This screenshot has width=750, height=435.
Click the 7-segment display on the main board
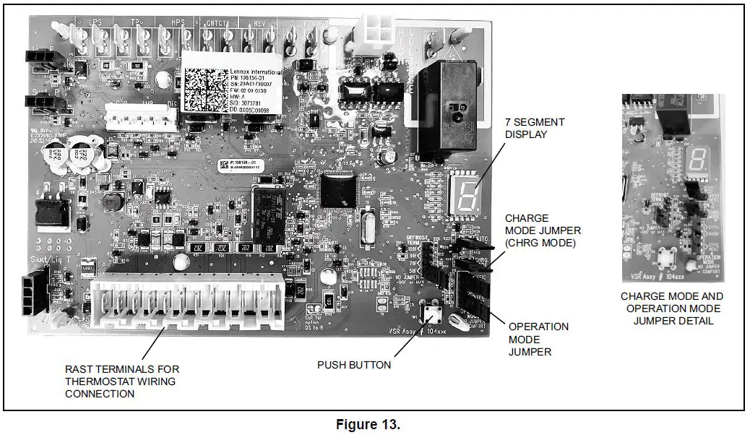465,194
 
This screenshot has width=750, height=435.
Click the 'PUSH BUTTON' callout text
354,365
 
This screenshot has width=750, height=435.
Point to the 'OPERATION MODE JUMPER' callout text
538,339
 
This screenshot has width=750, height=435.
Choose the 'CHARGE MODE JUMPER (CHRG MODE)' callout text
540,231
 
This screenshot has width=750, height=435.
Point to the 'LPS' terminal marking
94,22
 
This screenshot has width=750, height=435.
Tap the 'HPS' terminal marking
177,22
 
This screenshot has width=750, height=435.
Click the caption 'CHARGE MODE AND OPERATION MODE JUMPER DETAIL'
671,309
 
